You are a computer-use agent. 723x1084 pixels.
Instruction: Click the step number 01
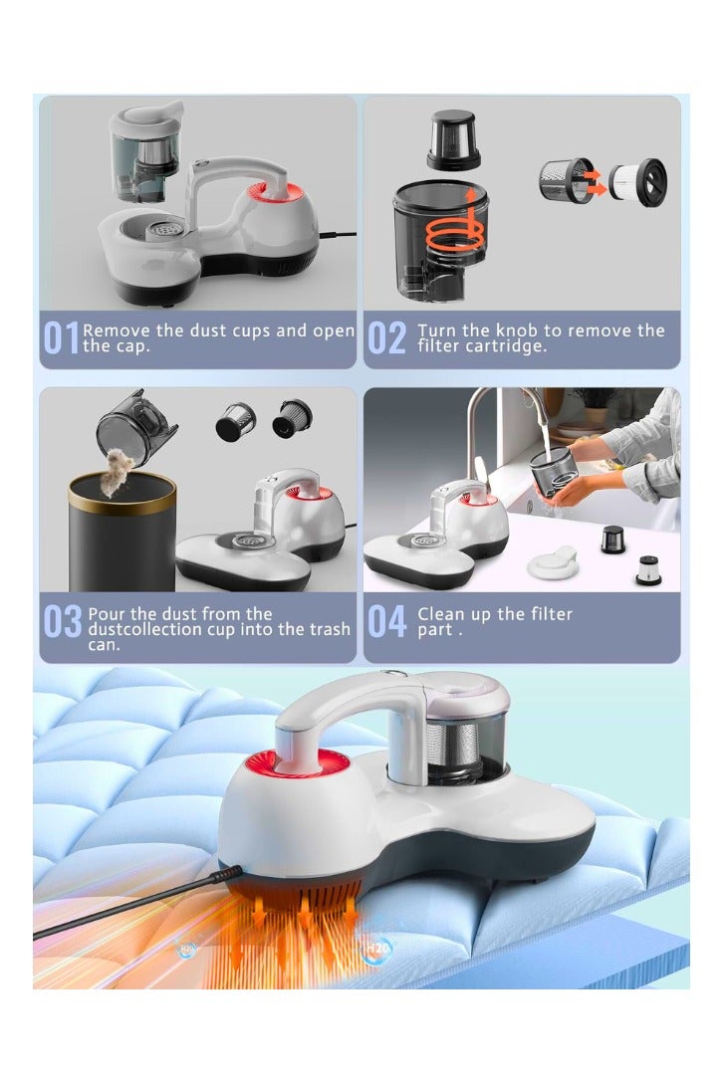point(61,338)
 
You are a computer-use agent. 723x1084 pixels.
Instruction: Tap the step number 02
point(386,338)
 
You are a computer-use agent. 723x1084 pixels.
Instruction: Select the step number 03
point(63,621)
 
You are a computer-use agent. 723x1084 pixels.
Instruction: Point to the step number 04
point(386,621)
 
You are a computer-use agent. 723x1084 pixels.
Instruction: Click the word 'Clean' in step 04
point(441,614)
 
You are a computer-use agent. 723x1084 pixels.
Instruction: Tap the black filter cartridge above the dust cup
point(454,140)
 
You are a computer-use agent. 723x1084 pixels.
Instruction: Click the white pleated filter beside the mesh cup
point(637,182)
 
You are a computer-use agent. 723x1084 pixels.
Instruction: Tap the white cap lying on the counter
point(552,562)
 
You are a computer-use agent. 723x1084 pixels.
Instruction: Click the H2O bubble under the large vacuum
point(376,948)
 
